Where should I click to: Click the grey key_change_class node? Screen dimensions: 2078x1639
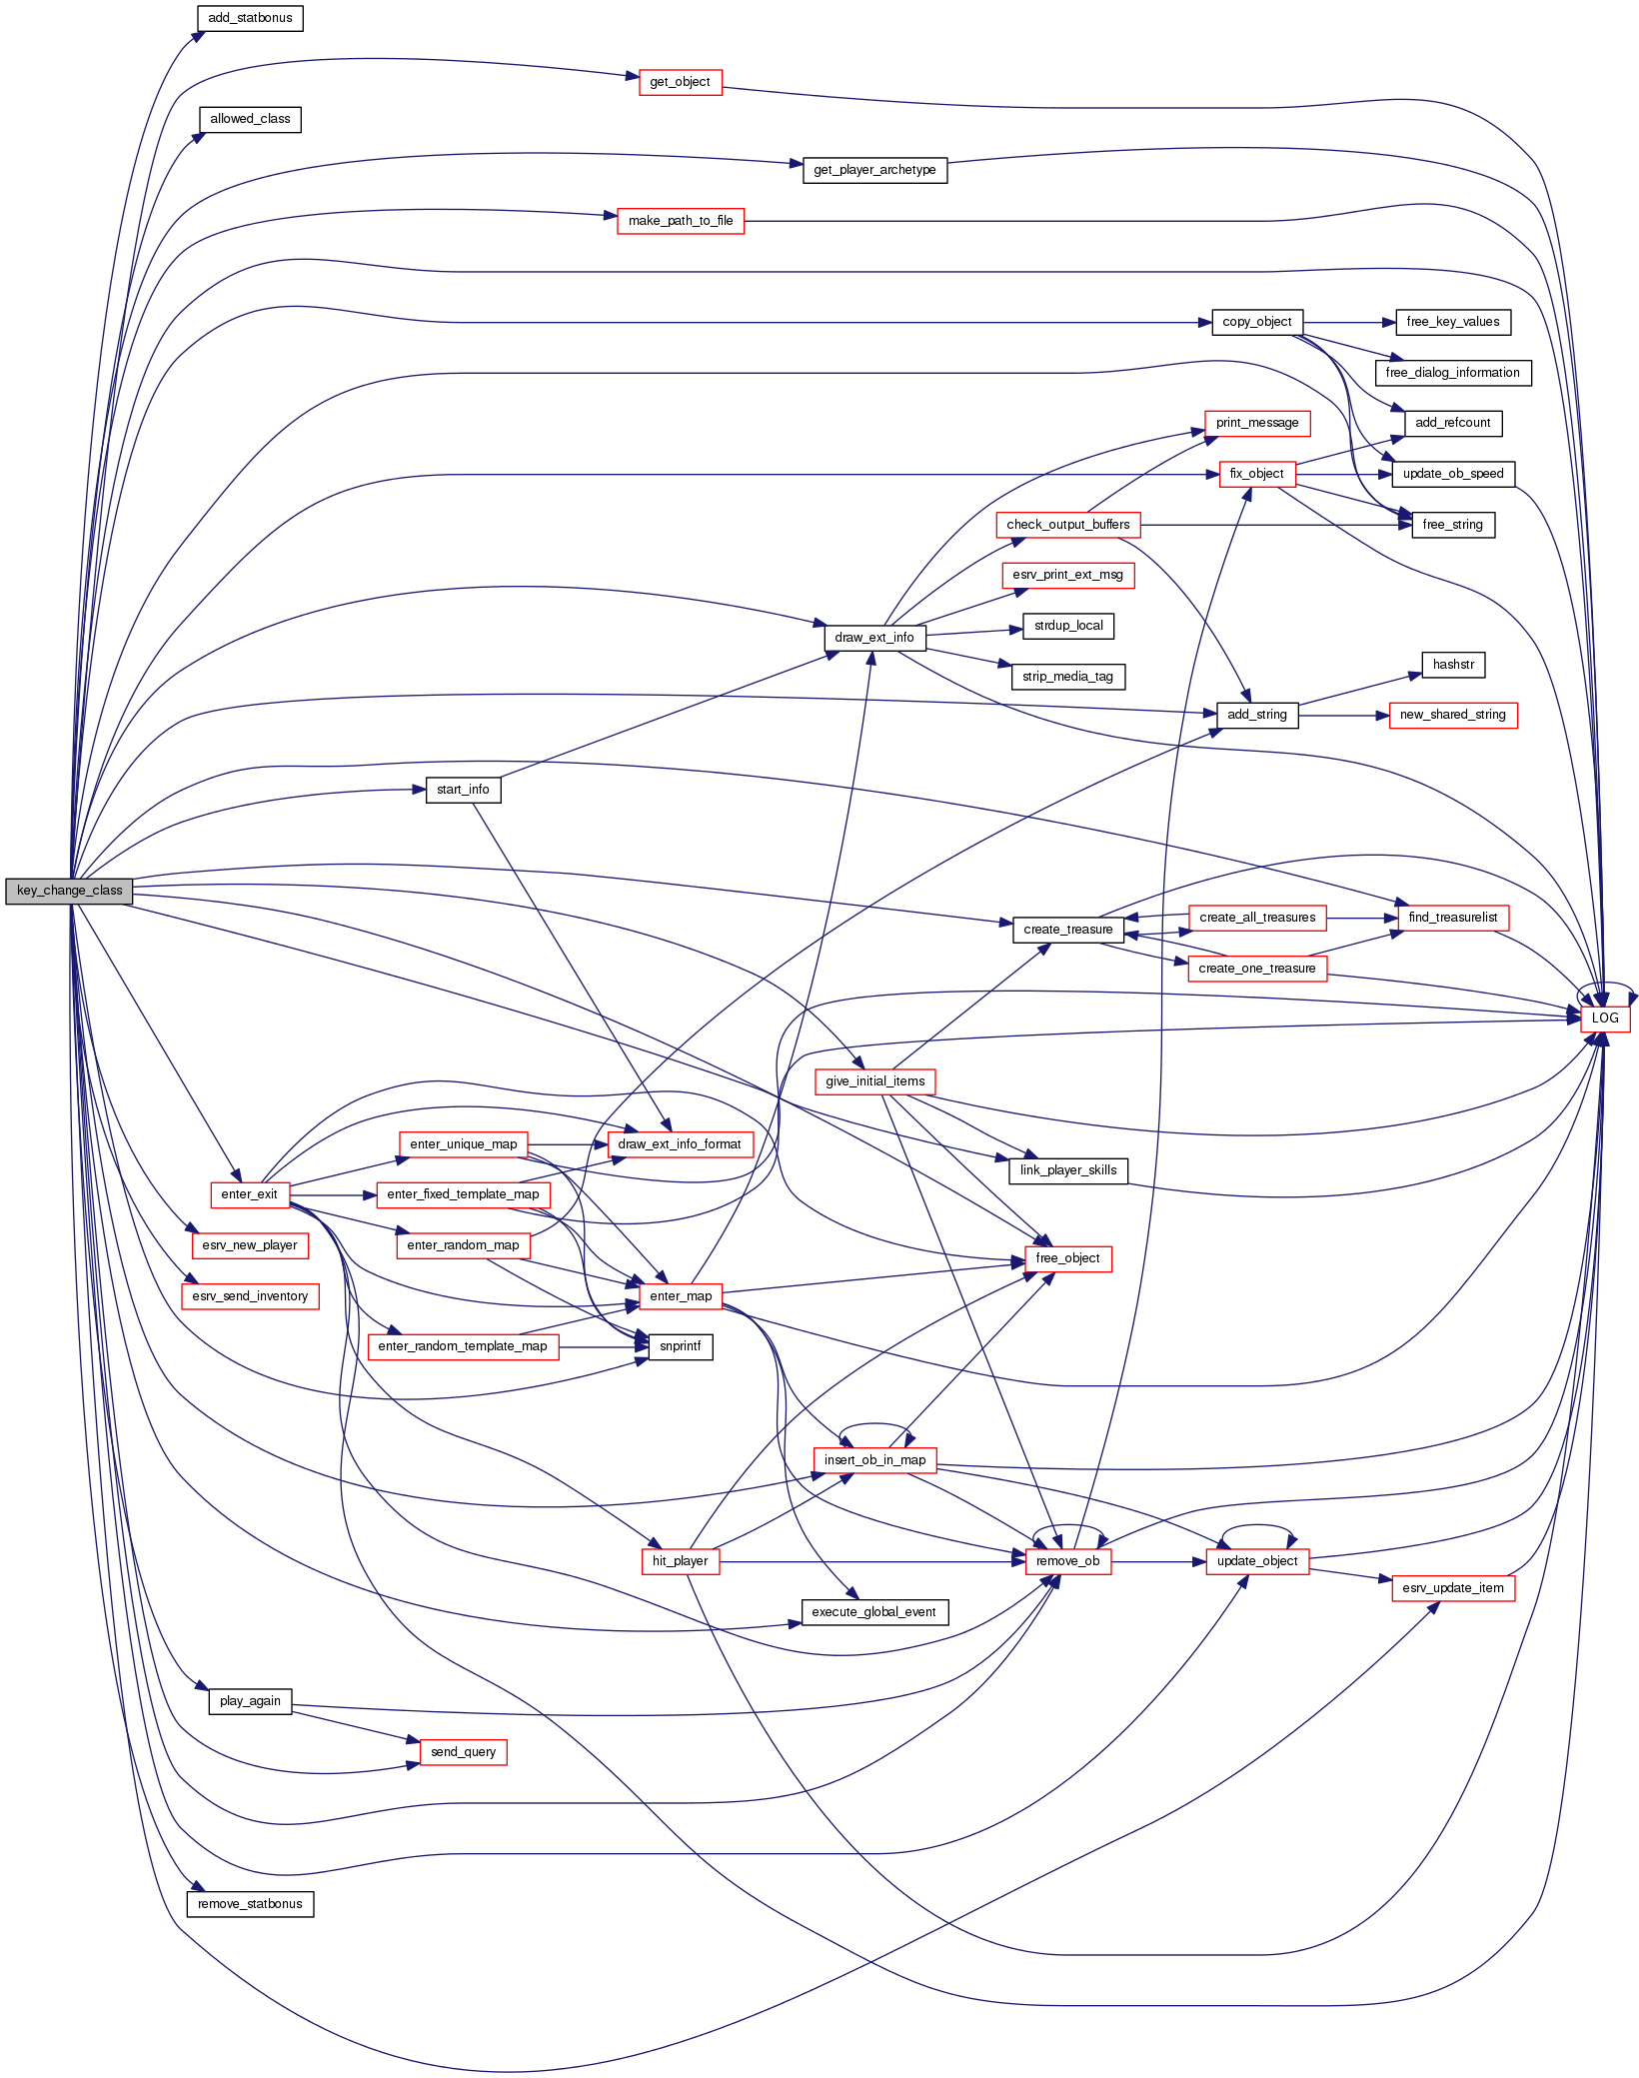click(69, 891)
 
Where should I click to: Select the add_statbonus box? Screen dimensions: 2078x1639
click(250, 18)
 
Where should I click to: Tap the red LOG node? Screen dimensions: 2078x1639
click(1604, 1019)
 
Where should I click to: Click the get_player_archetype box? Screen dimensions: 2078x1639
click(874, 170)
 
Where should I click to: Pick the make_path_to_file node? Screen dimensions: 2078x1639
click(681, 221)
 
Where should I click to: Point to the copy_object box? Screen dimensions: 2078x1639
click(1256, 322)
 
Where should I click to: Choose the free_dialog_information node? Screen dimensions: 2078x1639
click(1452, 373)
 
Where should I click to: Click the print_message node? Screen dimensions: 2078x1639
click(1256, 423)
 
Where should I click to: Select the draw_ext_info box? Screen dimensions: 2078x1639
click(874, 638)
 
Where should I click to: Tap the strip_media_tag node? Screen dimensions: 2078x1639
click(1067, 677)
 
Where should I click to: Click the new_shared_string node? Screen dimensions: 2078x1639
click(1452, 715)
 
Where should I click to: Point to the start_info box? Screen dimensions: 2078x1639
click(463, 790)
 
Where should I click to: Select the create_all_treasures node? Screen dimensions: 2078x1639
click(1256, 918)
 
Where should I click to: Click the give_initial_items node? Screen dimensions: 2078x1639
click(874, 1081)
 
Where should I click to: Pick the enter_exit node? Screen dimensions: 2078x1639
click(249, 1194)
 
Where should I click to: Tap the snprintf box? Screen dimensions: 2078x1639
click(681, 1346)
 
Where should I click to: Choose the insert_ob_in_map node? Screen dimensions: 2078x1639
click(874, 1460)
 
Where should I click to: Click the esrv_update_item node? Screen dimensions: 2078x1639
click(1452, 1588)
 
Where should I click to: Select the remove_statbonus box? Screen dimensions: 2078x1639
click(250, 1904)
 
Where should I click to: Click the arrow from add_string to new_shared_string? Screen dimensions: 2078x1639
click(1343, 716)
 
